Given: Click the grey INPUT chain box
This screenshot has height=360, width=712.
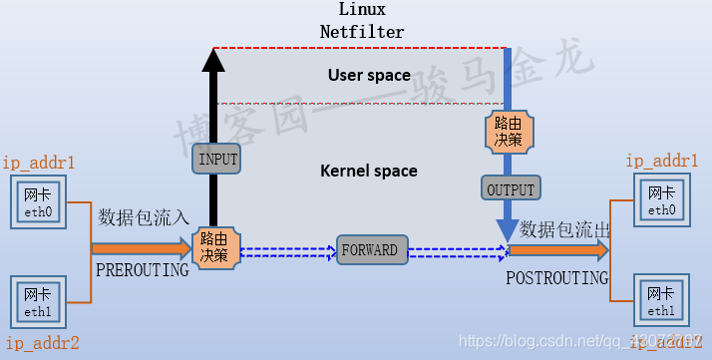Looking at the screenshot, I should tap(217, 158).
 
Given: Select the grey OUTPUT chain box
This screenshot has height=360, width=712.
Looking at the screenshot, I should tap(510, 188).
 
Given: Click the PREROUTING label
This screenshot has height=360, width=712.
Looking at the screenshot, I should tap(142, 270).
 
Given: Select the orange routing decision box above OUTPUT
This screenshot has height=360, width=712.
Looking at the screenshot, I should tap(509, 132).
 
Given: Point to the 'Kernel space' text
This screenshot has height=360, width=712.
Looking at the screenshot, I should tap(368, 171).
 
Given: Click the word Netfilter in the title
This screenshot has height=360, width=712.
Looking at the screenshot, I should tap(362, 32).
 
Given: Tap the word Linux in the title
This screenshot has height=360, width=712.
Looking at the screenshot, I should tap(362, 10).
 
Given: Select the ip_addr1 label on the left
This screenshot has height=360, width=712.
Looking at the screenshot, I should tap(39, 162).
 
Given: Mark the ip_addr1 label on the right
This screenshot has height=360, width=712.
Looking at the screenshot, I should tap(662, 160).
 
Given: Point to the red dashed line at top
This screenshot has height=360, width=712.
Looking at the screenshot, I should tap(359, 47).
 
